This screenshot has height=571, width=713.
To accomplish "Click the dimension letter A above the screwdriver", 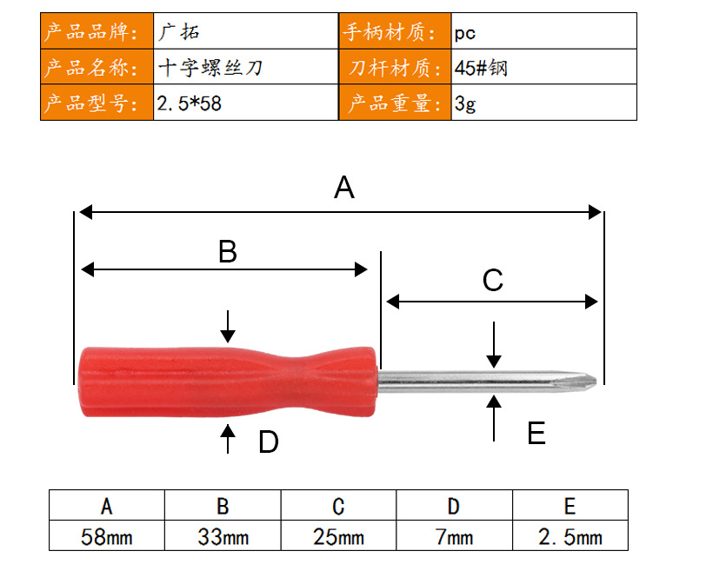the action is pyautogui.click(x=344, y=188).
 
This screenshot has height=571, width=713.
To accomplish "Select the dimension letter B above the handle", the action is pyautogui.click(x=228, y=251).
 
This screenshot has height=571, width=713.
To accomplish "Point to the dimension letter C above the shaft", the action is pyautogui.click(x=493, y=280).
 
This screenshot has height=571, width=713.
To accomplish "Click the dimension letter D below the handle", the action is pyautogui.click(x=269, y=442).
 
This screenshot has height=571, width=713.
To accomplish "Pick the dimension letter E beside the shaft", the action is pyautogui.click(x=536, y=433).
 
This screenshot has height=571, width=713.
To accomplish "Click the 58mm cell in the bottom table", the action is pyautogui.click(x=107, y=536).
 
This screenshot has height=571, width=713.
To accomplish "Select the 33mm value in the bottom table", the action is pyautogui.click(x=223, y=536).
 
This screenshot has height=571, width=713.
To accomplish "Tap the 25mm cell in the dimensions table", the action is pyautogui.click(x=339, y=536).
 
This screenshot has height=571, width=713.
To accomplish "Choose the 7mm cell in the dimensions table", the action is pyautogui.click(x=454, y=536).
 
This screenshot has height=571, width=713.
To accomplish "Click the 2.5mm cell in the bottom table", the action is pyautogui.click(x=570, y=536).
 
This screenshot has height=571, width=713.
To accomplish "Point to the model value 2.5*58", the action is pyautogui.click(x=190, y=103).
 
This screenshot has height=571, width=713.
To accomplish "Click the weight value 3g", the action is pyautogui.click(x=465, y=104).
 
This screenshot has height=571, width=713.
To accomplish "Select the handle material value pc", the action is pyautogui.click(x=464, y=34).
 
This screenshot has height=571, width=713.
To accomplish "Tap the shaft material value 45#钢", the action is pyautogui.click(x=481, y=68).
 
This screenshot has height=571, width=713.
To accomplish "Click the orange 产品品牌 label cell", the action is pyautogui.click(x=97, y=31).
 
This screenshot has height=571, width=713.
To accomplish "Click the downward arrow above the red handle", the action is pyautogui.click(x=228, y=327).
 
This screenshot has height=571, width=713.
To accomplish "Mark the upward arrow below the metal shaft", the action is pyautogui.click(x=494, y=418).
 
